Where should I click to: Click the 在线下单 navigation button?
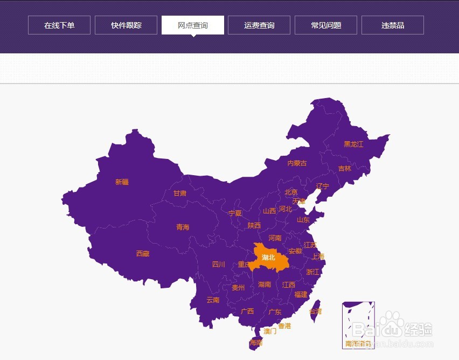pos(59,25)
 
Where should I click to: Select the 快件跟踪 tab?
pos(126,25)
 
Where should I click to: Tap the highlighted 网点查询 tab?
pos(193,25)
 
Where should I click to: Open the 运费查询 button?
pos(259,25)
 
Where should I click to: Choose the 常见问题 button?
pos(326,25)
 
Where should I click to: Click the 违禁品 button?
pos(393,25)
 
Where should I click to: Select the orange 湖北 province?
pos(268,258)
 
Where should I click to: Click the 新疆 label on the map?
pos(122,182)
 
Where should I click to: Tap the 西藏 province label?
pos(143,253)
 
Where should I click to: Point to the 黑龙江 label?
pos(354,144)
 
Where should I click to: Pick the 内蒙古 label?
pos(297,163)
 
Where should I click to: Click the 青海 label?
pos(183,227)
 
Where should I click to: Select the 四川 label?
pos(218,265)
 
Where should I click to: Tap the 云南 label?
pos(213,300)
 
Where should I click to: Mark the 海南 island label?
pos(256,343)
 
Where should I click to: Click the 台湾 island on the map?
pos(315,311)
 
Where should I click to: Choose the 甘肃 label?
pos(180,193)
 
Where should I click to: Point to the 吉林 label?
pos(344,169)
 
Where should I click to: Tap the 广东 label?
pos(275,312)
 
